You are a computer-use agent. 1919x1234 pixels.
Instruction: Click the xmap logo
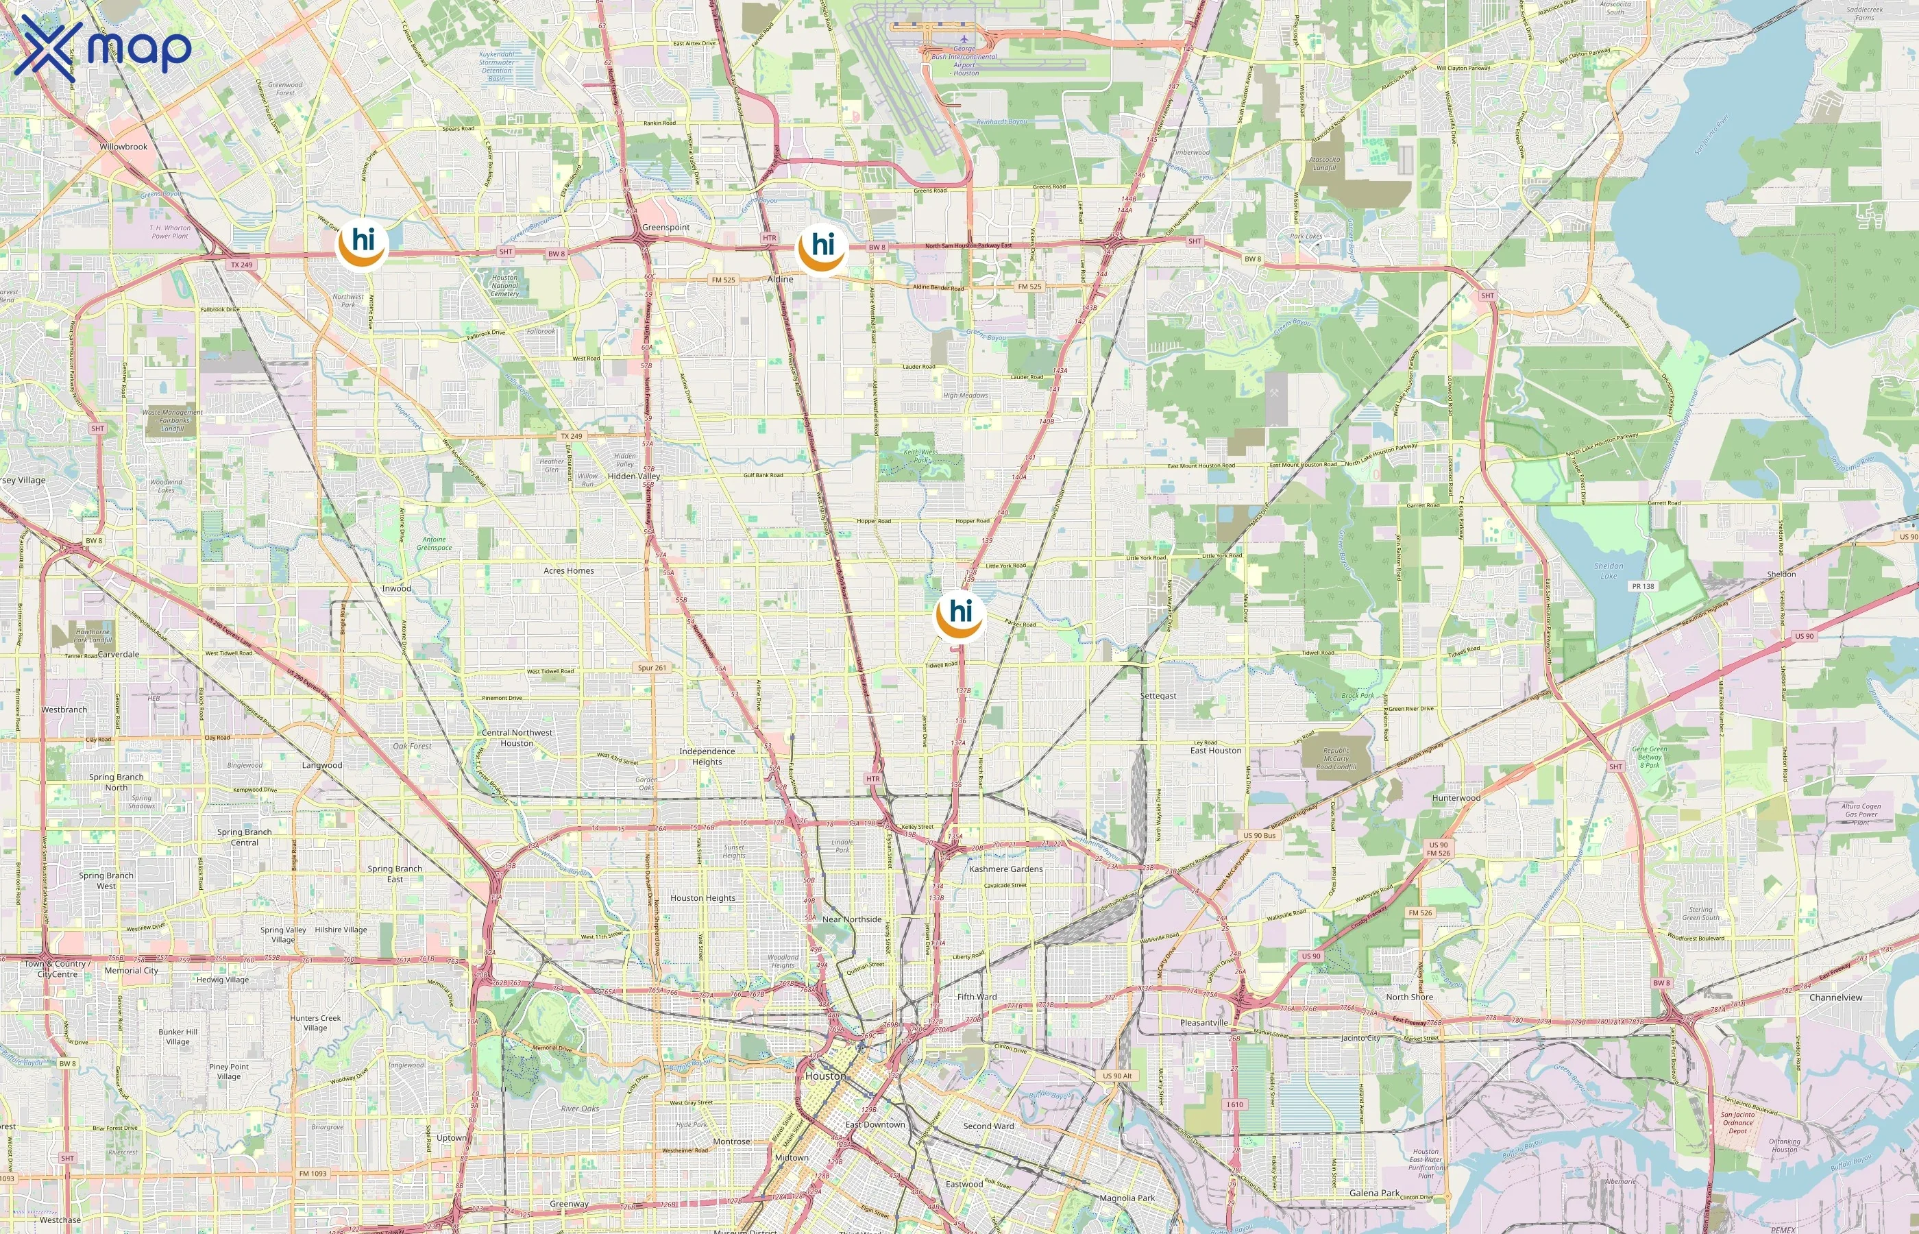[103, 47]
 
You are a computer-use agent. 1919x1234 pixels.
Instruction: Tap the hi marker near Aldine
[822, 248]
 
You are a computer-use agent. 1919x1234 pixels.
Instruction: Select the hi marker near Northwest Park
[363, 243]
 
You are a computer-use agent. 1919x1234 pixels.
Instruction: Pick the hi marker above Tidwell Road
[959, 616]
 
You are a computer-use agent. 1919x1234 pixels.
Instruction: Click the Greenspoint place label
[665, 228]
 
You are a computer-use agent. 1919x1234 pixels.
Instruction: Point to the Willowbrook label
[123, 147]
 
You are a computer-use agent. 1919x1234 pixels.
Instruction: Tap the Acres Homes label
[569, 570]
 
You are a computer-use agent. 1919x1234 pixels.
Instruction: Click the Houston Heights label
[702, 897]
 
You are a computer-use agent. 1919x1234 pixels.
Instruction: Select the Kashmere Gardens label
[1005, 869]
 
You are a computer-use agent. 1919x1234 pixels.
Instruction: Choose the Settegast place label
[1158, 696]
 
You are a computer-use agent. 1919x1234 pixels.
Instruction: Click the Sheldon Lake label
[1609, 570]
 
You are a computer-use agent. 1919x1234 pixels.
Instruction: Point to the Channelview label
[1835, 997]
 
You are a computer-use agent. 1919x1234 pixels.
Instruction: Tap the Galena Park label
[1374, 1192]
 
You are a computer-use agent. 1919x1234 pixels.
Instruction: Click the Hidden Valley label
[633, 476]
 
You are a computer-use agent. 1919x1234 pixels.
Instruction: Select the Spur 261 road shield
[652, 668]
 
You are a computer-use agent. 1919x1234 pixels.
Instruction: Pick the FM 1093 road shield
[313, 1173]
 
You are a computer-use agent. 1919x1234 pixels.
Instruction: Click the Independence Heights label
[707, 756]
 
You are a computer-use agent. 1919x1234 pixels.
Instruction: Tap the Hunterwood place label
[1456, 797]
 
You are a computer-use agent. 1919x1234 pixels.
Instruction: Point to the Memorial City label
[132, 970]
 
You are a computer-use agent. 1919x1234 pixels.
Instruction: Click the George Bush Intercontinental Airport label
[964, 60]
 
